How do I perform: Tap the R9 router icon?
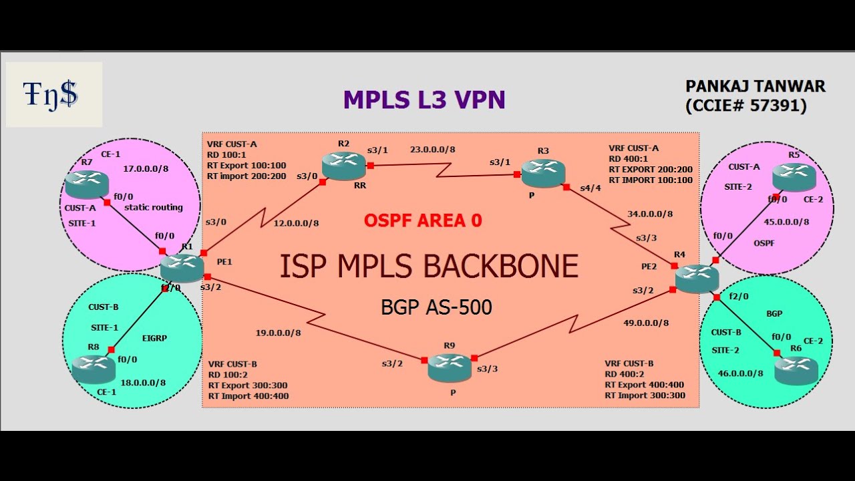tap(450, 367)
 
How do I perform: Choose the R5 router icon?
tap(794, 177)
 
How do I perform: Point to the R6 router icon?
tap(796, 369)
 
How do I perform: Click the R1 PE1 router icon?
tap(182, 267)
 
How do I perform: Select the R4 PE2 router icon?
tap(697, 278)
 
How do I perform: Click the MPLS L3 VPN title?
tap(424, 100)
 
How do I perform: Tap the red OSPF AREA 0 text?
tap(423, 220)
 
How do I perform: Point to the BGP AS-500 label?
tap(436, 307)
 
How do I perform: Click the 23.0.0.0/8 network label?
tap(432, 150)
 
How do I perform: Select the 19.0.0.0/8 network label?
tap(278, 332)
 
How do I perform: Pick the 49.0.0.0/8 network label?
tap(646, 323)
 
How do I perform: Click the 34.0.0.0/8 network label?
tap(650, 214)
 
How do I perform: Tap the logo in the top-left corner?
tap(53, 94)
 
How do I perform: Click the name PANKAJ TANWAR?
tap(755, 86)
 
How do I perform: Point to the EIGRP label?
tap(155, 338)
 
